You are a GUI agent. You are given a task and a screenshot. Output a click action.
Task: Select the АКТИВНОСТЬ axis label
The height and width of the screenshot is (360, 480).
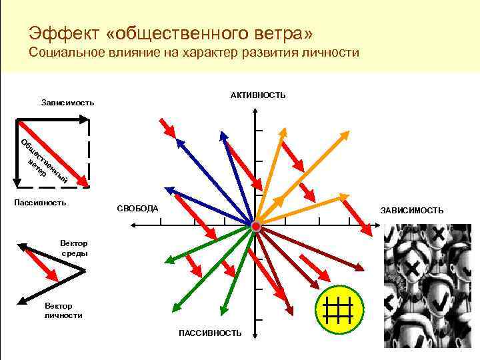pos(258,95)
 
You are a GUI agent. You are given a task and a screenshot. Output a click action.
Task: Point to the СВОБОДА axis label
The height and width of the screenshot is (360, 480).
pos(137,209)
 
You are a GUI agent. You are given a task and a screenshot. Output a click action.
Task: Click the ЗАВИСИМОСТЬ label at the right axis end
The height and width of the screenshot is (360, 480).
pos(411,210)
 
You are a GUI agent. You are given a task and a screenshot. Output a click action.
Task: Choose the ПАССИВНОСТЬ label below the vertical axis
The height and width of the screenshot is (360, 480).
pos(210,333)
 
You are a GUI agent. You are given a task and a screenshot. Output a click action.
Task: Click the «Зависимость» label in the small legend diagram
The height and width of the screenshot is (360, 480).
pos(67,103)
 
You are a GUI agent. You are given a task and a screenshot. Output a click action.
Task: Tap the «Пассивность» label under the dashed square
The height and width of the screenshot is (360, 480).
pos(40,202)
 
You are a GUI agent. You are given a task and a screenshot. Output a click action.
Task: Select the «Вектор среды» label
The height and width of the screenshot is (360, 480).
pos(73,249)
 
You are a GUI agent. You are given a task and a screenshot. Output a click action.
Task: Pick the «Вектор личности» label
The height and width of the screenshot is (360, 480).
pos(63,311)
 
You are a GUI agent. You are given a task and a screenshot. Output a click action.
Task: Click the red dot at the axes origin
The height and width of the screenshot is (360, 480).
pos(256,227)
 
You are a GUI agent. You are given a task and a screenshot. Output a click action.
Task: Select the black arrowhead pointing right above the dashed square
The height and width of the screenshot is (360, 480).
pos(85,119)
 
